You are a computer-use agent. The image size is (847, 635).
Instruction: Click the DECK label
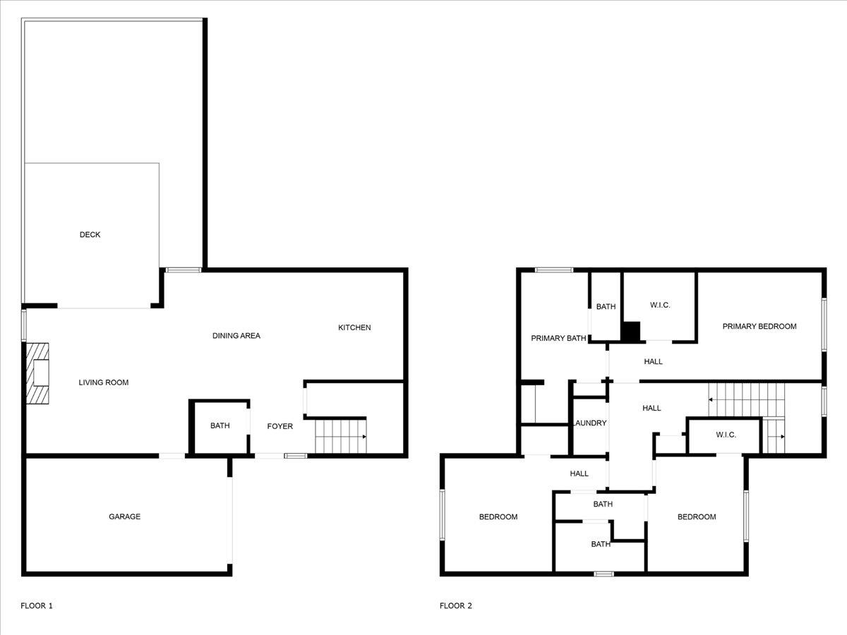pyautogui.click(x=90, y=235)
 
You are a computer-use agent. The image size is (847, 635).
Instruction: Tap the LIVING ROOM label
pyautogui.click(x=103, y=382)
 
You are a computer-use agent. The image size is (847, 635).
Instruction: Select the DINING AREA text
pyautogui.click(x=236, y=336)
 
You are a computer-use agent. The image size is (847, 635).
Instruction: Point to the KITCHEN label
pyautogui.click(x=354, y=327)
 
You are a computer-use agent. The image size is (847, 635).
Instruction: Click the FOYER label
pyautogui.click(x=280, y=426)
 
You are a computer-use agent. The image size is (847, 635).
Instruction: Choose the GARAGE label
pyautogui.click(x=124, y=516)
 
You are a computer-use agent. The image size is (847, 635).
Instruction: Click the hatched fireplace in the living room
pyautogui.click(x=38, y=373)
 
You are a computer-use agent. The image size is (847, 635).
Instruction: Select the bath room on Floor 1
pyautogui.click(x=220, y=426)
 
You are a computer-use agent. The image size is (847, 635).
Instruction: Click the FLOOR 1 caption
pyautogui.click(x=37, y=605)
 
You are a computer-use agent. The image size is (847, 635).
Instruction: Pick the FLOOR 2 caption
pyautogui.click(x=456, y=605)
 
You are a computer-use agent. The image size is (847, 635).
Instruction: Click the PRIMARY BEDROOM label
pyautogui.click(x=759, y=326)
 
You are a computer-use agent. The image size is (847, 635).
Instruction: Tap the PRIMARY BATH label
pyautogui.click(x=558, y=339)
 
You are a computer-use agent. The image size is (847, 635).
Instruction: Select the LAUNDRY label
pyautogui.click(x=590, y=423)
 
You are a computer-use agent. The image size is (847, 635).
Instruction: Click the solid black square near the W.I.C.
pyautogui.click(x=630, y=332)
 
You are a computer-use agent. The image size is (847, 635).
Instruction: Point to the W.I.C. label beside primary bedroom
pyautogui.click(x=660, y=306)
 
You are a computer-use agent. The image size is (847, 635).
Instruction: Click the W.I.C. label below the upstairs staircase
pyautogui.click(x=726, y=435)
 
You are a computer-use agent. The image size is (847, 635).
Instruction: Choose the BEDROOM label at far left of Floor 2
pyautogui.click(x=498, y=517)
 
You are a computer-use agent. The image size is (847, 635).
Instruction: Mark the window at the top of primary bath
pyautogui.click(x=554, y=270)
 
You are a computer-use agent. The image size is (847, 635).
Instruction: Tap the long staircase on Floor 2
pyautogui.click(x=747, y=399)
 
